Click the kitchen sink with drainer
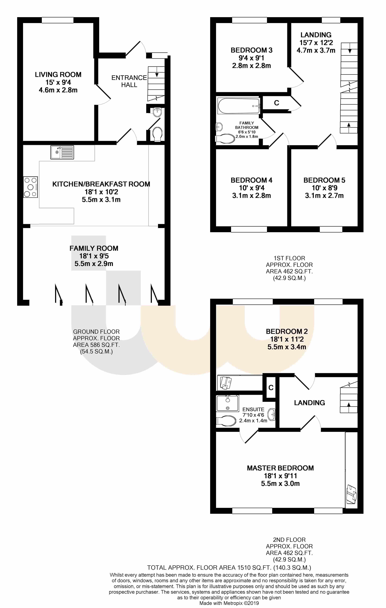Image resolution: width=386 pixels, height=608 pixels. coord(62,152)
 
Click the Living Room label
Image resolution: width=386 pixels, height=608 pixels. coord(58,75)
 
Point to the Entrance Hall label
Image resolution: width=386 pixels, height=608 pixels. coord(129,81)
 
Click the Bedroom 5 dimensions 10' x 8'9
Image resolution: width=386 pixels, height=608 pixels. coord(324,188)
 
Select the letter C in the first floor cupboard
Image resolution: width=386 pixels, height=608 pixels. coord(276,103)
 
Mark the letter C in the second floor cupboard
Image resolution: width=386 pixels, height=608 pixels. coord(271,388)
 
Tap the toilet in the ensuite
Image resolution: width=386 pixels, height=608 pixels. coord(226,421)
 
